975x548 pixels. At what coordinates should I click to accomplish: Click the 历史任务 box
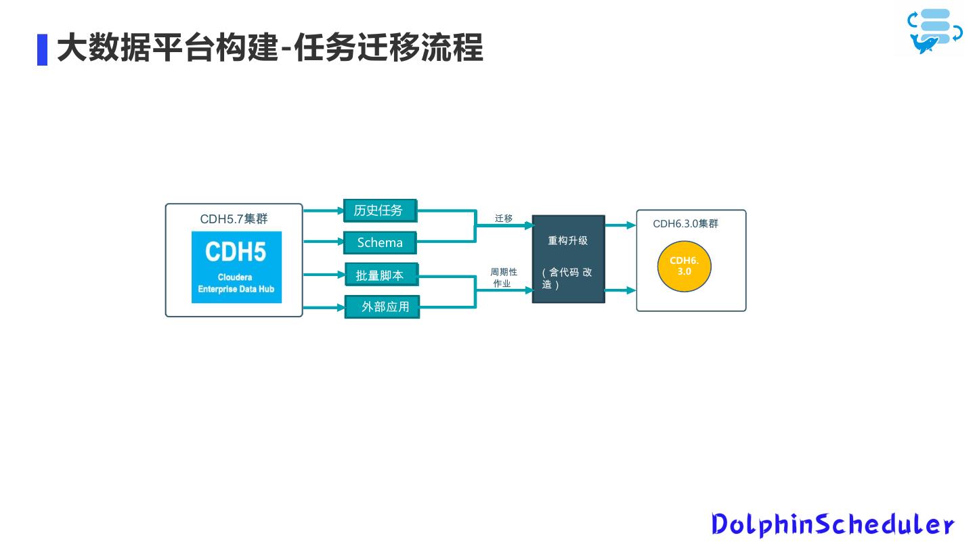[x=379, y=210]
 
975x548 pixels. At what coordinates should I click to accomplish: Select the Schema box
[x=379, y=242]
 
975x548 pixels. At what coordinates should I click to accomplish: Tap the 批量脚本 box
[x=381, y=275]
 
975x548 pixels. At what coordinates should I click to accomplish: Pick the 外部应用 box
[x=383, y=306]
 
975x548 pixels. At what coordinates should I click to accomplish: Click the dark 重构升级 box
[x=568, y=258]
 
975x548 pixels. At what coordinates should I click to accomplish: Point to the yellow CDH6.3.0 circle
[x=684, y=266]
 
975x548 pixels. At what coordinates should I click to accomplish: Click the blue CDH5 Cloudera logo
[x=236, y=267]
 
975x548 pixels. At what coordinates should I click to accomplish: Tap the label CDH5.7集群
[x=234, y=219]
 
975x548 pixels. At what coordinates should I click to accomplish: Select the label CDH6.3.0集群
[x=685, y=224]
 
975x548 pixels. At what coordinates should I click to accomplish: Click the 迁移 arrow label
[x=504, y=219]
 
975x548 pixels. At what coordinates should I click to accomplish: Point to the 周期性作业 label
[x=503, y=277]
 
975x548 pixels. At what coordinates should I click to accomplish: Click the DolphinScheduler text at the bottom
[x=832, y=524]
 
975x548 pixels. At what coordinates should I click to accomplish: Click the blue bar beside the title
[x=42, y=49]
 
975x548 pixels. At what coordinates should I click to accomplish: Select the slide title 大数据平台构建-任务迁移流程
[x=269, y=49]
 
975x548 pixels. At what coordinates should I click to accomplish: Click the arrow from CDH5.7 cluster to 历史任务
[x=323, y=210]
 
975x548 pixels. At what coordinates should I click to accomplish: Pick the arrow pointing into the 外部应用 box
[x=324, y=307]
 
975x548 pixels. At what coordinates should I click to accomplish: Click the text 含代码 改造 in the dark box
[x=567, y=278]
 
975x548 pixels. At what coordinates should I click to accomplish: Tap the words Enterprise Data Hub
[x=236, y=290]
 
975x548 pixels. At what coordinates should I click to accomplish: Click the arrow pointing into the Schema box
[x=323, y=241]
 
